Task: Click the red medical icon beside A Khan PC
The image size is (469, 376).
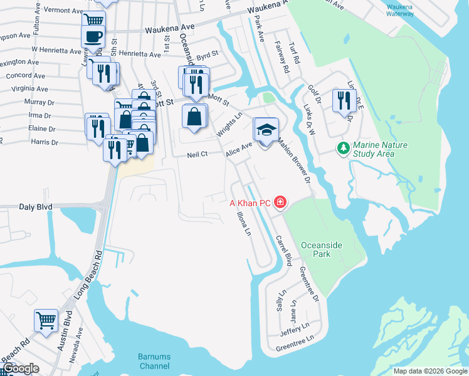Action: pyautogui.click(x=280, y=202)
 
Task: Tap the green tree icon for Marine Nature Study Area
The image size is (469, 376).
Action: pyautogui.click(x=343, y=149)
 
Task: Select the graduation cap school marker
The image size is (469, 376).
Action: pyautogui.click(x=266, y=130)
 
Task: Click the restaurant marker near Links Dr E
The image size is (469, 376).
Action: pyautogui.click(x=344, y=100)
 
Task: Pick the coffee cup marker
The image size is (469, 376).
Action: pyautogui.click(x=93, y=37)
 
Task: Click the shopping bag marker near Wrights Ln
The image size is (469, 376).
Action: pyautogui.click(x=194, y=117)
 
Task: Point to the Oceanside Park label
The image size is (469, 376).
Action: pyautogui.click(x=324, y=249)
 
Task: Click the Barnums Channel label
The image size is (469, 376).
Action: pyautogui.click(x=154, y=361)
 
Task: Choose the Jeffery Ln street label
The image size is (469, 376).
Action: pyautogui.click(x=295, y=326)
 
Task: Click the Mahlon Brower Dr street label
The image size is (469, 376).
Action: pyautogui.click(x=295, y=160)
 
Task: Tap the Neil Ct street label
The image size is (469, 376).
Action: pyautogui.click(x=197, y=155)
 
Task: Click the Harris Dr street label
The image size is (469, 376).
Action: pyautogui.click(x=45, y=142)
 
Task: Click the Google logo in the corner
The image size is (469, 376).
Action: pyautogui.click(x=21, y=368)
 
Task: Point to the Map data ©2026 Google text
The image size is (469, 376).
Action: pyautogui.click(x=429, y=371)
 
